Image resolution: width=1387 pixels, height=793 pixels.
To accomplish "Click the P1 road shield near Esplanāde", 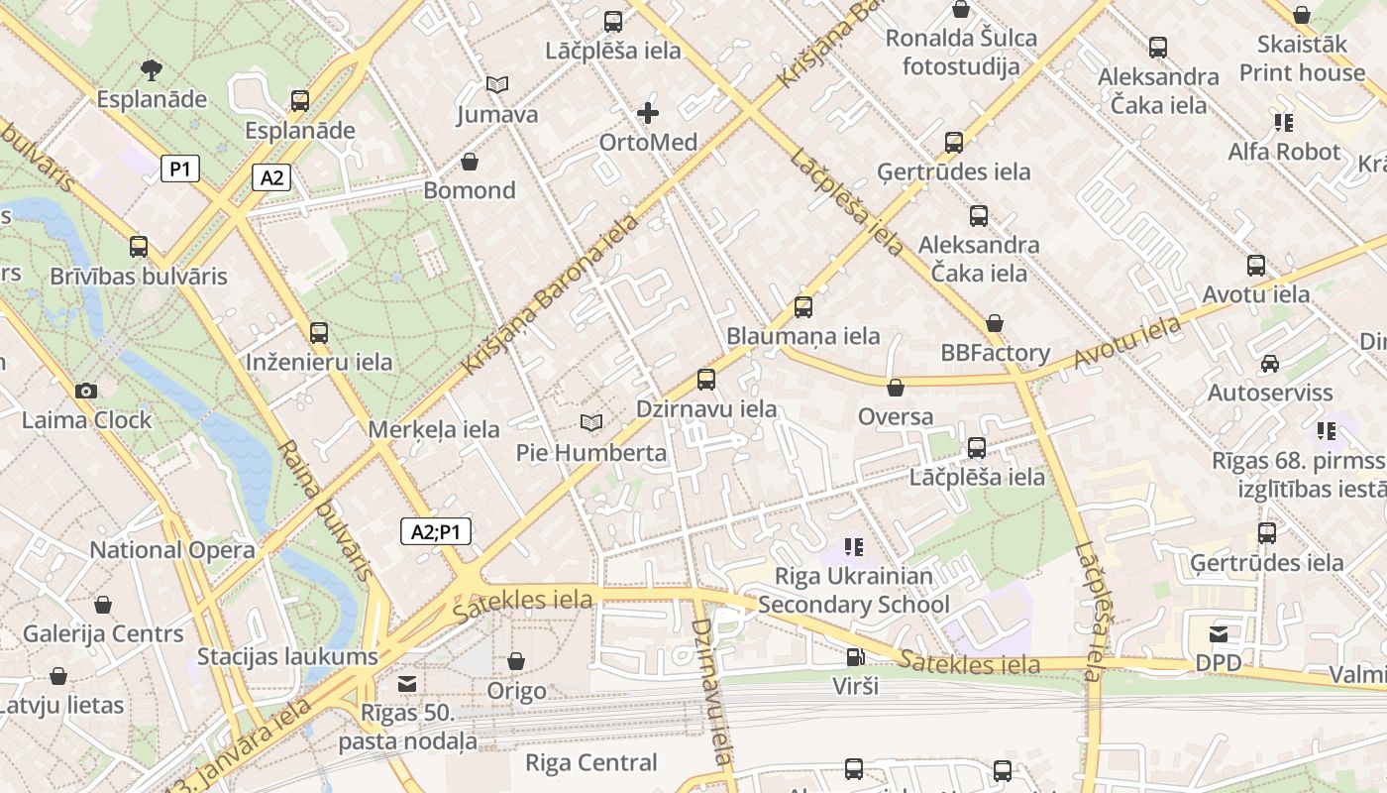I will (x=179, y=169).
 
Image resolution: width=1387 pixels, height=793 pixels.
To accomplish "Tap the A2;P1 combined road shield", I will (x=436, y=532).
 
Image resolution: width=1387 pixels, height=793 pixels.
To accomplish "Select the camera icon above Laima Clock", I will (x=86, y=391).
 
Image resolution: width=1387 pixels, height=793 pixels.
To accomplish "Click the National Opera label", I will (x=172, y=550).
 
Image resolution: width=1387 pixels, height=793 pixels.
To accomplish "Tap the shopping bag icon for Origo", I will (x=516, y=661).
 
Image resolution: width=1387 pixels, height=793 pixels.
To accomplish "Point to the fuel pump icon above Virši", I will (x=854, y=656).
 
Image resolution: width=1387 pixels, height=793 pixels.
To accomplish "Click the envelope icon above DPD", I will (x=1218, y=633).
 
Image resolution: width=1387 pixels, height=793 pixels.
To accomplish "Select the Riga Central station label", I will (x=590, y=762).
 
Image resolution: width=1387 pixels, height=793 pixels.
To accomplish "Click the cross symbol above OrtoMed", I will (x=648, y=113).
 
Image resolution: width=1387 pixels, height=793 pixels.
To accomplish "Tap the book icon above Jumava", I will (x=497, y=85).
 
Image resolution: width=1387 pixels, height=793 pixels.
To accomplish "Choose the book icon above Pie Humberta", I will (x=591, y=423).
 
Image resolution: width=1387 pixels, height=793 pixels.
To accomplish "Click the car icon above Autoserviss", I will (x=1269, y=364).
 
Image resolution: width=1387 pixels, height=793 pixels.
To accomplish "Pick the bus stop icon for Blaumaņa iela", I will (x=803, y=307).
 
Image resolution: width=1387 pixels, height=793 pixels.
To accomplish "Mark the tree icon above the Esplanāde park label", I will (x=152, y=69).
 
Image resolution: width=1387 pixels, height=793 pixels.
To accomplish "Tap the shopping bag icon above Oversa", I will (x=896, y=388).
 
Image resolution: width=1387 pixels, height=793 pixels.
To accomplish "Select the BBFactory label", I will (x=995, y=353).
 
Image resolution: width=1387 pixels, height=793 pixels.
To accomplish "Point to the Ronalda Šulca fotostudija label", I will (x=960, y=53).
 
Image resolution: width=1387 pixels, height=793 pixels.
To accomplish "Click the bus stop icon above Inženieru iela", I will (x=318, y=333).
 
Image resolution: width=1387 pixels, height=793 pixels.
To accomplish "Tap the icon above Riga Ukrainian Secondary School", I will (x=853, y=547).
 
